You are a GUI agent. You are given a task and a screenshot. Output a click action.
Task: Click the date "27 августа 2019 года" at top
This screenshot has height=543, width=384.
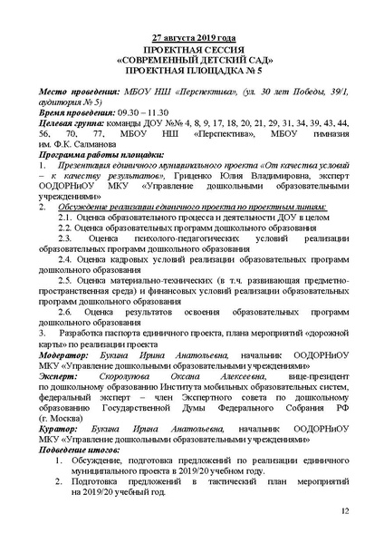tap(192, 38)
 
